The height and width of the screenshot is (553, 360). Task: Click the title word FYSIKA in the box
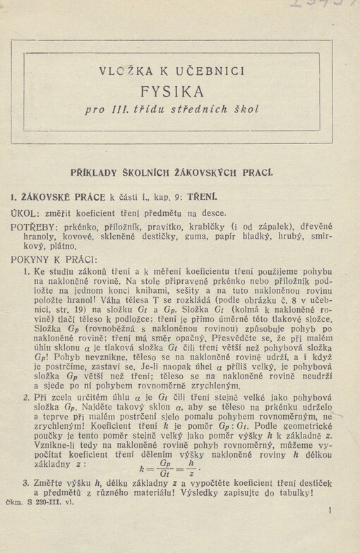[183, 91]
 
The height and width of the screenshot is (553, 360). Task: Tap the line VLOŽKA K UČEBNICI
[183, 71]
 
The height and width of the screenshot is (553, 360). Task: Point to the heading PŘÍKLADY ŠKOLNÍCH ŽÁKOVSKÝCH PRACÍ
[182, 172]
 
